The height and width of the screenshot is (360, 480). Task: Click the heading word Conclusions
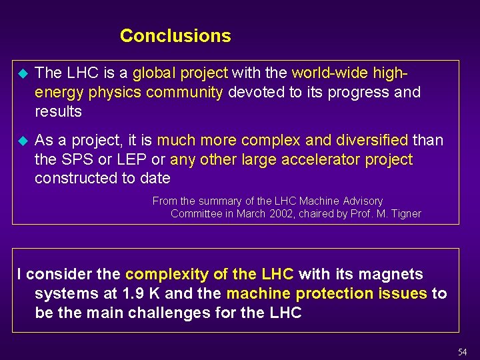[175, 36]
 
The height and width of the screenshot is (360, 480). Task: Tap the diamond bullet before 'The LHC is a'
[21, 73]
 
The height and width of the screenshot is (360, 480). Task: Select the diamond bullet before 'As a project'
[21, 141]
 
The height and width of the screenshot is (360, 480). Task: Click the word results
[58, 111]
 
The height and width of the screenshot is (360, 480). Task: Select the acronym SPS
[75, 159]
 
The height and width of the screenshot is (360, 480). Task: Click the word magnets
[400, 274]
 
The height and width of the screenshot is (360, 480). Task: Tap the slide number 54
[463, 351]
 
